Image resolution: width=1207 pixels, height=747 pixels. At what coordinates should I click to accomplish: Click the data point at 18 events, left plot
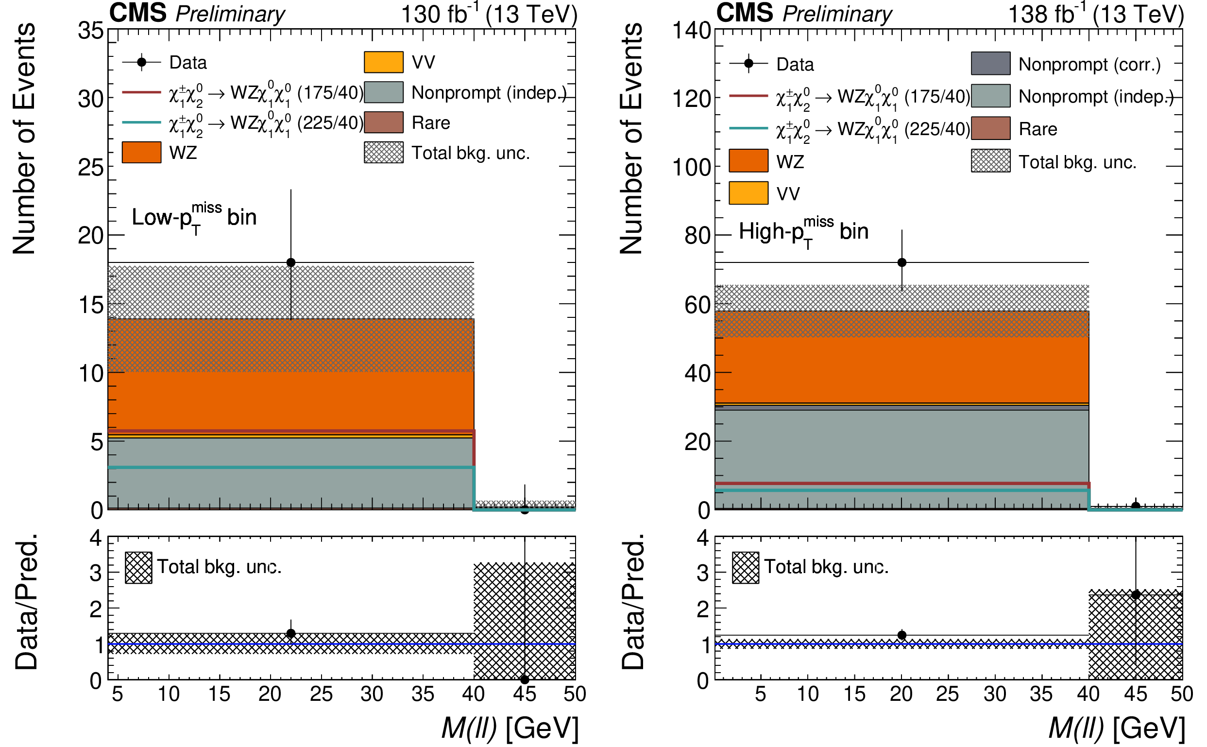(x=291, y=262)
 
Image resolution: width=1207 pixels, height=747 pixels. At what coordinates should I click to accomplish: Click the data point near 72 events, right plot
(x=901, y=262)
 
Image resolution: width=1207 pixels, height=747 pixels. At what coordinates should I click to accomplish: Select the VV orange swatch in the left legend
(x=383, y=62)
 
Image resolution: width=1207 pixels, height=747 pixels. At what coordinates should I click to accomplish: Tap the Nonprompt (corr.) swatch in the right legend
(x=990, y=64)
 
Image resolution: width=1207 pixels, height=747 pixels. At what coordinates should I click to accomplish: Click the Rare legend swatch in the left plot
(x=383, y=122)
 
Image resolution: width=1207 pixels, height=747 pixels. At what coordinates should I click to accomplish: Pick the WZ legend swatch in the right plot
(x=748, y=161)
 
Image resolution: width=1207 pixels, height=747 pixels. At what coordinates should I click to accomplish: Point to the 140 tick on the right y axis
(x=691, y=31)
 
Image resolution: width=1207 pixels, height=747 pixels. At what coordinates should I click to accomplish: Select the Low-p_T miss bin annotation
(x=194, y=218)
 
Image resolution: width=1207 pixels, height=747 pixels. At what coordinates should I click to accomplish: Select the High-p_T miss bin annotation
(x=803, y=232)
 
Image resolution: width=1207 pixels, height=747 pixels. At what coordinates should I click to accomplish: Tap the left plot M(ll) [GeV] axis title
(x=510, y=728)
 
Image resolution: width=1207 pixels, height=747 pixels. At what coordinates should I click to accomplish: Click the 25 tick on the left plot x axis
(x=321, y=694)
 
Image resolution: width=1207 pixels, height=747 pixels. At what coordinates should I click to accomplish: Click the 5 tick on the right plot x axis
(x=760, y=694)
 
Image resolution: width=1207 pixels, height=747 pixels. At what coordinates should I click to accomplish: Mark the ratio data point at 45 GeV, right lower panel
(x=1136, y=595)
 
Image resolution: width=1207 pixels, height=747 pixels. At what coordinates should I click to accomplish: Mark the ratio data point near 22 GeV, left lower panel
(x=291, y=633)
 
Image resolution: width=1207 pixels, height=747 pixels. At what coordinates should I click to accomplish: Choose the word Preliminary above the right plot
(x=837, y=14)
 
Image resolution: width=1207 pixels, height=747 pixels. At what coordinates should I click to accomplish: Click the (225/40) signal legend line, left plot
(x=142, y=122)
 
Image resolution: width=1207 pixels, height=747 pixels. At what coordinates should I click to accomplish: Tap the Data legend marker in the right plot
(x=748, y=64)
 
